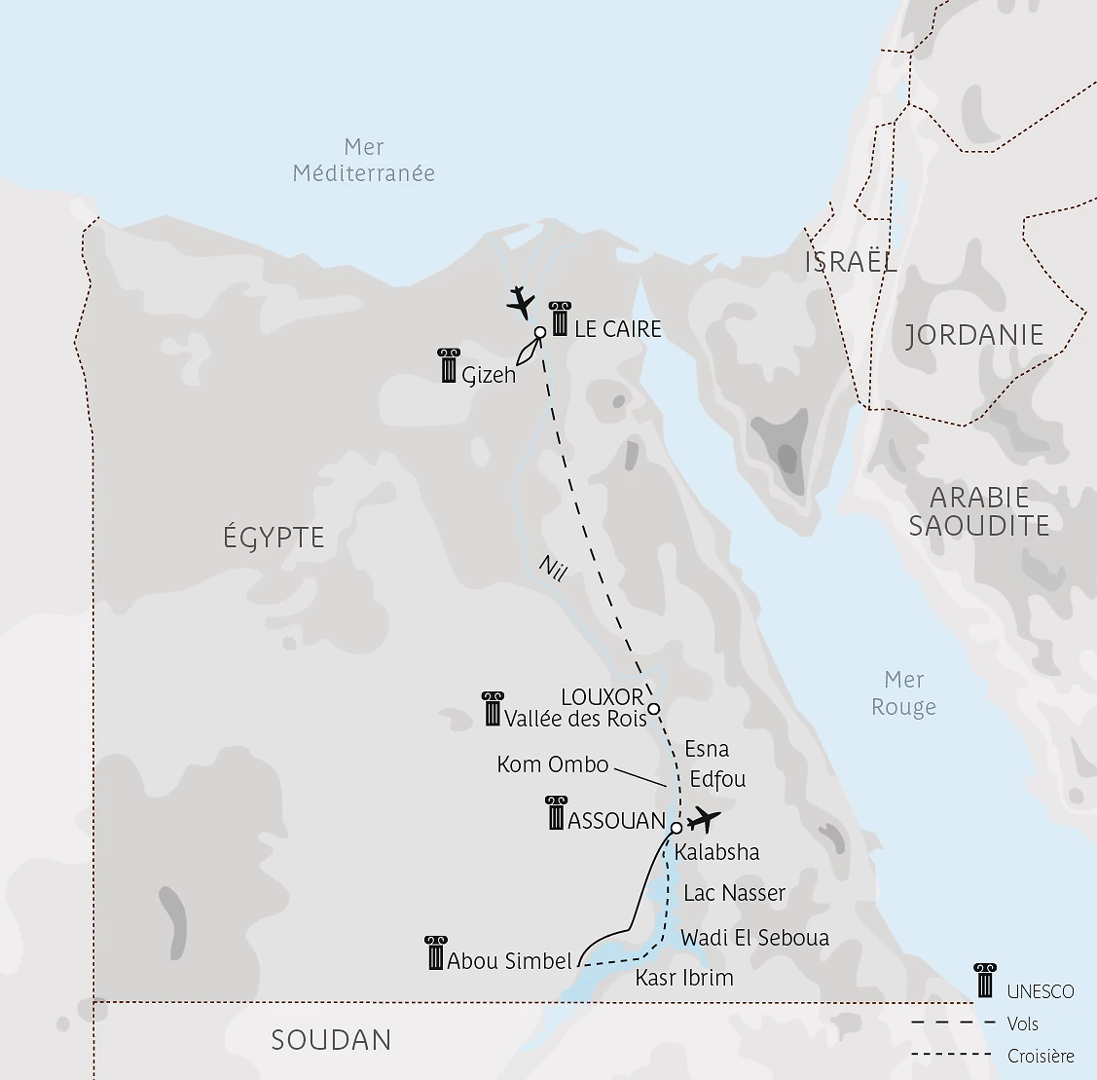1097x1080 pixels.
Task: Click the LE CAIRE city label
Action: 617,329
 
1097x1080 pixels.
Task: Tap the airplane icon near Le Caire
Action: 522,303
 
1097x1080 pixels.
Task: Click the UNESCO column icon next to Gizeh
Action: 448,365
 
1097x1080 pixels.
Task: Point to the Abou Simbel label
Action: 509,961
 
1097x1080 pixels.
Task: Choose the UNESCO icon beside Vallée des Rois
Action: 493,709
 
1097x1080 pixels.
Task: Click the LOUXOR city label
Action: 603,697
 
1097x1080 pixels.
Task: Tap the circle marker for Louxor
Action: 654,708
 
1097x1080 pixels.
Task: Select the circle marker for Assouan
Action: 676,829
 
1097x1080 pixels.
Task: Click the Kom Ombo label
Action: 552,764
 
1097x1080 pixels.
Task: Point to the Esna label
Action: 707,749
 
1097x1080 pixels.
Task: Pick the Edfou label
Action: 717,779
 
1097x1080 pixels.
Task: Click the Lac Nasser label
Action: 734,893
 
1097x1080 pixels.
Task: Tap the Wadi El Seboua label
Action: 754,938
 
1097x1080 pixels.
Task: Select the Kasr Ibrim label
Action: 684,978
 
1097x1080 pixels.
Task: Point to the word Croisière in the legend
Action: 1041,1056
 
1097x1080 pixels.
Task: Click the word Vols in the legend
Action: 1023,1024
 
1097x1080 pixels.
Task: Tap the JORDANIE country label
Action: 974,335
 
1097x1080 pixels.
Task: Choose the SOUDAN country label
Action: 331,1040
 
